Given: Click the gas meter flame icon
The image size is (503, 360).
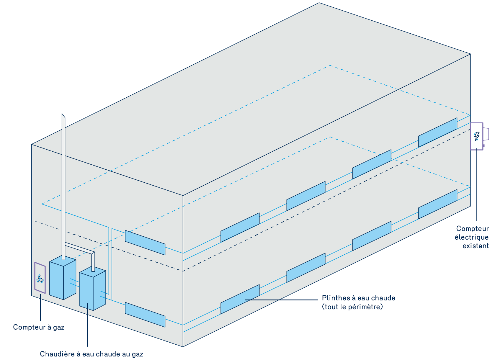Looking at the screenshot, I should pyautogui.click(x=40, y=279).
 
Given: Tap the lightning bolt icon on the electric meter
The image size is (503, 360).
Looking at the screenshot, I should pyautogui.click(x=476, y=136).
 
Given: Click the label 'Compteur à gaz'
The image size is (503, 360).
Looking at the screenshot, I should pyautogui.click(x=39, y=327).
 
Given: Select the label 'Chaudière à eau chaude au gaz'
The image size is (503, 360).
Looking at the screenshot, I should pyautogui.click(x=92, y=354).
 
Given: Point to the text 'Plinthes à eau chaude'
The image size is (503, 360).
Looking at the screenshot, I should pyautogui.click(x=358, y=298).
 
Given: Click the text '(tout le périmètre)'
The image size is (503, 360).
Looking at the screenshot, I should pyautogui.click(x=352, y=307).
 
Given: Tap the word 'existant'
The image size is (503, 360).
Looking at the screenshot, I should pyautogui.click(x=476, y=246).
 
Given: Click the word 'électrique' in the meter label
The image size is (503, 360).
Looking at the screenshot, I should pyautogui.click(x=471, y=237).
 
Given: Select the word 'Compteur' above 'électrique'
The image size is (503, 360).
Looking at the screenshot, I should pyautogui.click(x=472, y=229).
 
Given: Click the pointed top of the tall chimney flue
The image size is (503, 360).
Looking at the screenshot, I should pyautogui.click(x=63, y=115).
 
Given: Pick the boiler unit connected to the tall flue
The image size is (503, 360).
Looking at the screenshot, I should pyautogui.click(x=63, y=279).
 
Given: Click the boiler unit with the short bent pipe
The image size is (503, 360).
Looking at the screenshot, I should pyautogui.click(x=92, y=289).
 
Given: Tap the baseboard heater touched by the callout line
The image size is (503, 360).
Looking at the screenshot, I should pyautogui.click(x=240, y=299).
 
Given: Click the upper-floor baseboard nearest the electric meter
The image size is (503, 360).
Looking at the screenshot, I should pyautogui.click(x=437, y=132).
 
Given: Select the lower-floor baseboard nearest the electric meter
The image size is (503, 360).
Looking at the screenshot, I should pyautogui.click(x=437, y=204).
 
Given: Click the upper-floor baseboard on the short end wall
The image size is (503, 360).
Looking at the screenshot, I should pyautogui.click(x=145, y=243).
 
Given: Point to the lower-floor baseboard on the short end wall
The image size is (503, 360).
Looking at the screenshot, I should pyautogui.click(x=145, y=315).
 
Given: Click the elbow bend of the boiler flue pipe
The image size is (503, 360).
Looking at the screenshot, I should pyautogui.click(x=93, y=253).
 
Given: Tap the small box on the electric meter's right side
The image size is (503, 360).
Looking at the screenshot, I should pyautogui.click(x=486, y=134).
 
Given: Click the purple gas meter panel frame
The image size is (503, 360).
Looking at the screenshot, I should pyautogui.click(x=35, y=277).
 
